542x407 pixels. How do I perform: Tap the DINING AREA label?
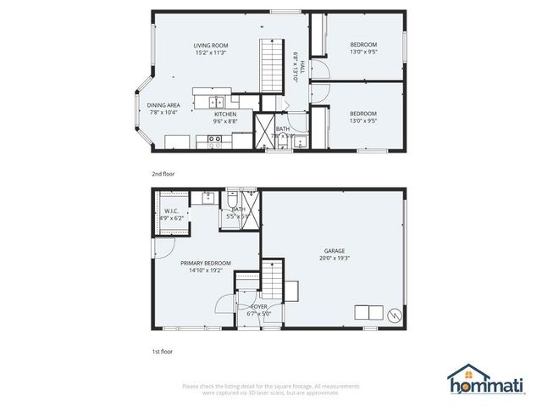click(x=164, y=109)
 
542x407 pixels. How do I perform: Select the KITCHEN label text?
click(x=224, y=117)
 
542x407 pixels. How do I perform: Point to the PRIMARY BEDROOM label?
click(x=206, y=267)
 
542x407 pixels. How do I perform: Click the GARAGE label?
click(x=335, y=254)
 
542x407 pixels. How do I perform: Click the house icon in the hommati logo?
click(x=463, y=374)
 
